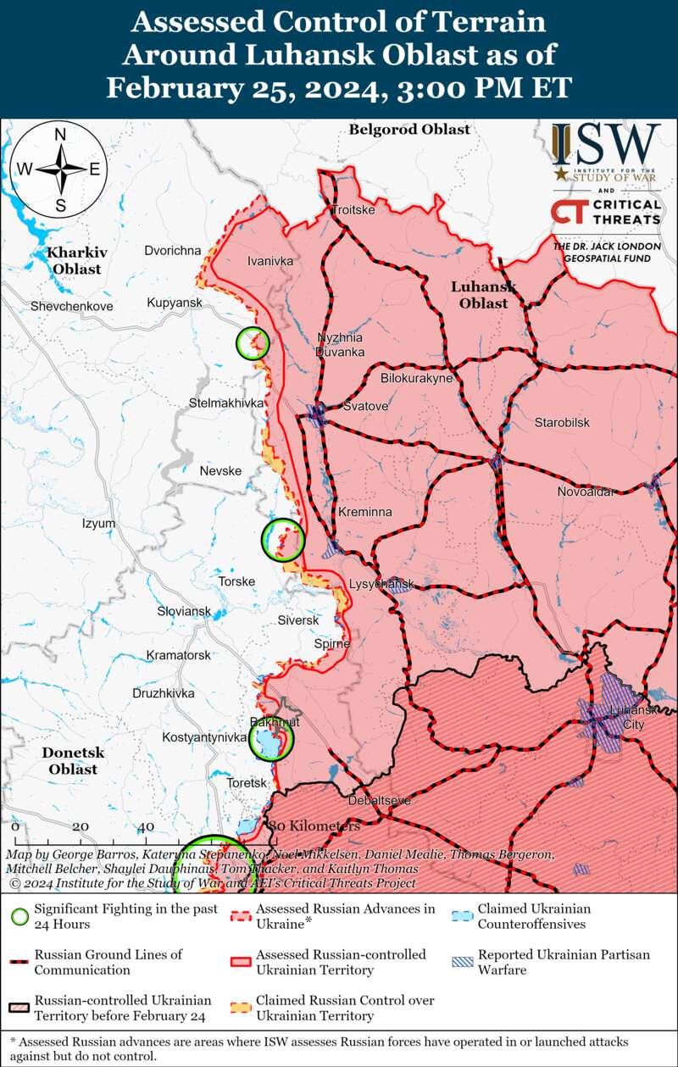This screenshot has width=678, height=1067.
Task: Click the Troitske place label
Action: (353, 209)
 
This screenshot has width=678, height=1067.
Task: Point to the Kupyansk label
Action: (174, 303)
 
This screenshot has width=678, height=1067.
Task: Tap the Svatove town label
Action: (365, 407)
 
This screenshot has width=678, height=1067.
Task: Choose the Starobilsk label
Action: (562, 422)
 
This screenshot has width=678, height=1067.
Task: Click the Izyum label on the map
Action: (98, 524)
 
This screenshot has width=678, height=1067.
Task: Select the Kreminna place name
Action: (364, 513)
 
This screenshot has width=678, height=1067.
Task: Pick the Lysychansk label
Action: (381, 585)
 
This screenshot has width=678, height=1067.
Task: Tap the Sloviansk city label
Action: (184, 611)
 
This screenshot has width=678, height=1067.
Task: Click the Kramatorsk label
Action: (178, 655)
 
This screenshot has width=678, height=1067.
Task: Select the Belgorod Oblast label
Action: (409, 130)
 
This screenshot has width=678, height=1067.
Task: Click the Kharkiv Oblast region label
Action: (74, 260)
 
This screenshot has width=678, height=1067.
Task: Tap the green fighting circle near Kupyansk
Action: (253, 342)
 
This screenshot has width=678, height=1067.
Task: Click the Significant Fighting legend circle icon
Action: (21, 915)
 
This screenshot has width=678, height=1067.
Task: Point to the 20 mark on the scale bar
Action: (80, 826)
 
